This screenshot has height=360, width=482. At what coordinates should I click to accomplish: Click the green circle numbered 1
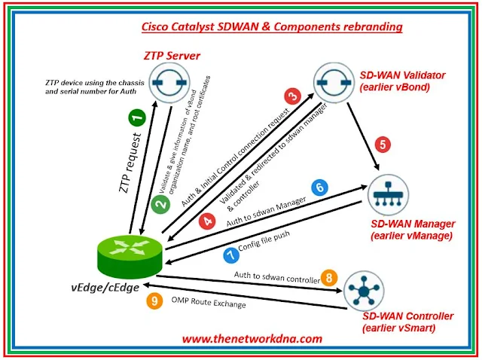[x=136, y=117]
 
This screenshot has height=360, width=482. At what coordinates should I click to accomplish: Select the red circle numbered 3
[x=293, y=96]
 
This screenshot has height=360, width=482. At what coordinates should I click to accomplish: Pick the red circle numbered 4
[x=206, y=222]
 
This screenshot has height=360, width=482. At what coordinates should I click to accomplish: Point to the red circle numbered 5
[x=383, y=144]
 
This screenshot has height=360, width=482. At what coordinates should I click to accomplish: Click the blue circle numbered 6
[x=319, y=188]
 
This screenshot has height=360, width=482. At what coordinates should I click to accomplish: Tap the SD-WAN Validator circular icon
[x=333, y=83]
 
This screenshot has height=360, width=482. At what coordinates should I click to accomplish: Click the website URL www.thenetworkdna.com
[x=252, y=339]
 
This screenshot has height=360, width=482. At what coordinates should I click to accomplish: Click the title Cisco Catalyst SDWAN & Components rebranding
[x=272, y=27]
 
